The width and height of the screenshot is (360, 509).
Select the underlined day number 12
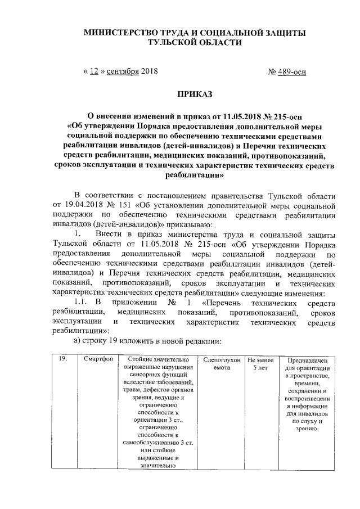click(x=94, y=71)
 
